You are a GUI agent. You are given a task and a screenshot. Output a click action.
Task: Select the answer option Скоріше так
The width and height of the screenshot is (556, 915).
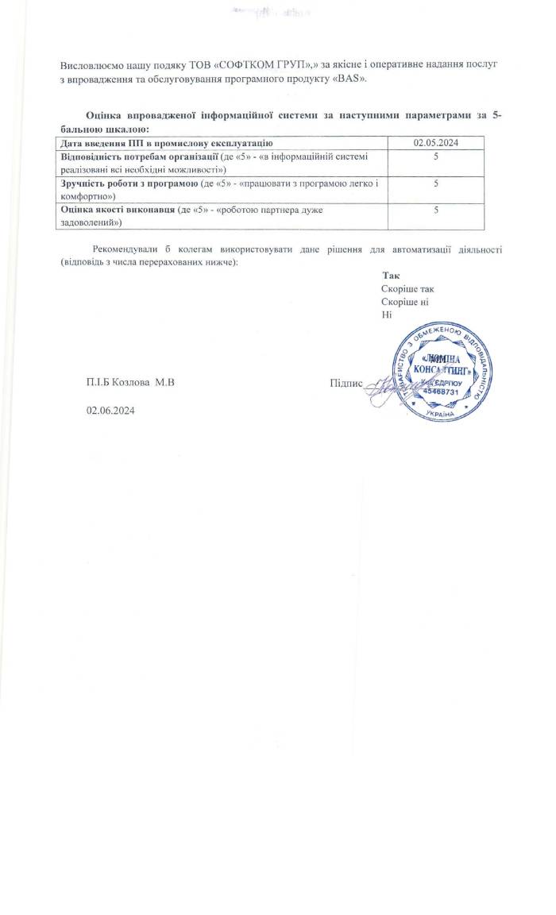407,289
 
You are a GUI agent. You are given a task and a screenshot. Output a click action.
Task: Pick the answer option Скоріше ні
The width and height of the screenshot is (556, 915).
405,303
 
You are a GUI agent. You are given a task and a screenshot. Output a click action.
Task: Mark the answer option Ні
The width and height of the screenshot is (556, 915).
387,315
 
